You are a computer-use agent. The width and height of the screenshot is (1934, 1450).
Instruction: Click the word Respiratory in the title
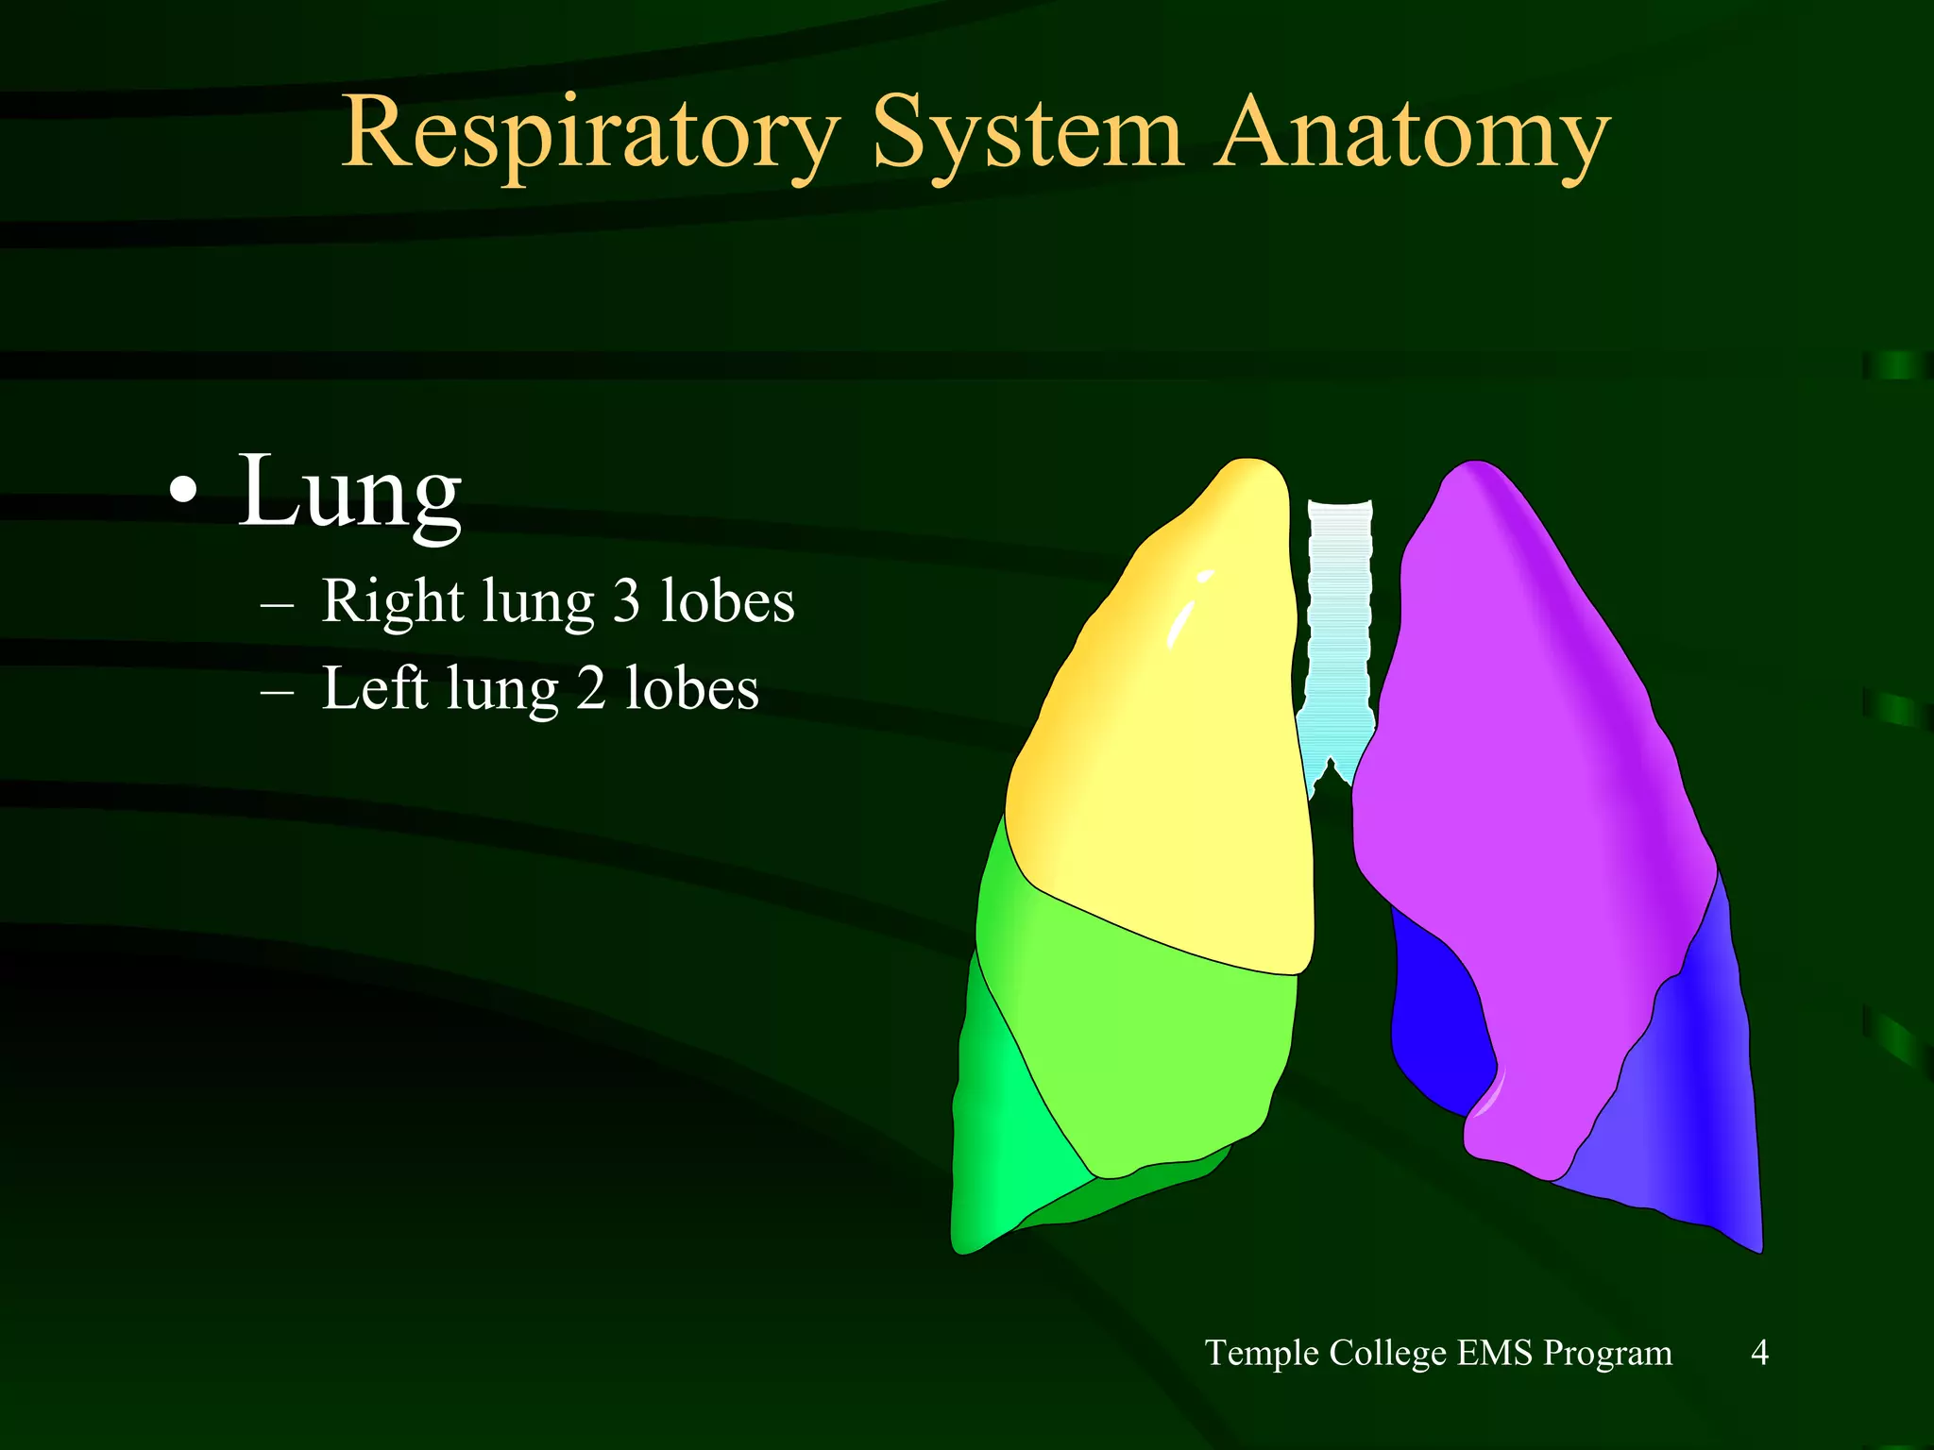tap(590, 134)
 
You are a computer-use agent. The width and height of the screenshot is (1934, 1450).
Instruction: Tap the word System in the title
tap(1026, 134)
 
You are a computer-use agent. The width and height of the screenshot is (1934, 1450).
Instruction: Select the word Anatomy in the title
tap(1411, 134)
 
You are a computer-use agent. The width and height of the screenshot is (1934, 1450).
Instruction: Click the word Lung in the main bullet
tap(349, 493)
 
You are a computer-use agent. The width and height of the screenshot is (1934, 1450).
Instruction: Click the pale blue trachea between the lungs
tap(1339, 623)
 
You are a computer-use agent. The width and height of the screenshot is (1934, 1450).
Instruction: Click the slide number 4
tap(1759, 1353)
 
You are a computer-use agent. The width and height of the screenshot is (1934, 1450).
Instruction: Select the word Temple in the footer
tap(1262, 1353)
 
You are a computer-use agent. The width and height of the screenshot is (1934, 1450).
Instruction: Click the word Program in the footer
tap(1607, 1353)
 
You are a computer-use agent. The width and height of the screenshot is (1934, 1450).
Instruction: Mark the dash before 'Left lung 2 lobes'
tap(277, 692)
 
